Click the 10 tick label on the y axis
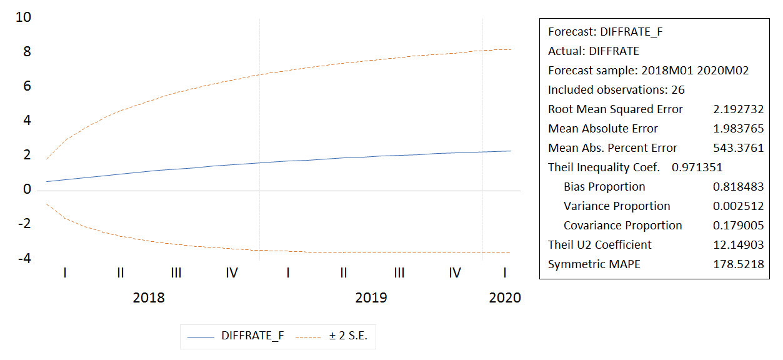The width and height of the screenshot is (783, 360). [x=23, y=17]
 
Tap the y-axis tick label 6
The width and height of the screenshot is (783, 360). [x=27, y=86]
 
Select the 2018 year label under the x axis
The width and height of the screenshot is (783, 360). [x=149, y=297]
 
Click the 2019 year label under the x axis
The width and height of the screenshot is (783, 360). [x=371, y=297]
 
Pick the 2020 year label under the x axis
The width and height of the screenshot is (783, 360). [x=505, y=297]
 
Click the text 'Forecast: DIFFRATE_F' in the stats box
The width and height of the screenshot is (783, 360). [x=605, y=32]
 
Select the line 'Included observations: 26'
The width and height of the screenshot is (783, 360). [x=616, y=90]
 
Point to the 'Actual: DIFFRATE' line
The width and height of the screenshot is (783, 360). [x=594, y=51]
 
